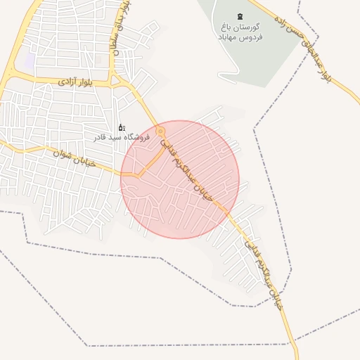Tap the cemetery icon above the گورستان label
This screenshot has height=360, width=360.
click(241, 15)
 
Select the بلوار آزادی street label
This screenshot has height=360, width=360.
click(75, 82)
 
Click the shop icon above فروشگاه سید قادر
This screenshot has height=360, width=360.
click(122, 127)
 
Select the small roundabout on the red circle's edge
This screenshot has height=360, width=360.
click(161, 131)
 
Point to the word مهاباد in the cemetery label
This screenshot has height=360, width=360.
click(229, 37)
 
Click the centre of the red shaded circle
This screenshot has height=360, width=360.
click(179, 179)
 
